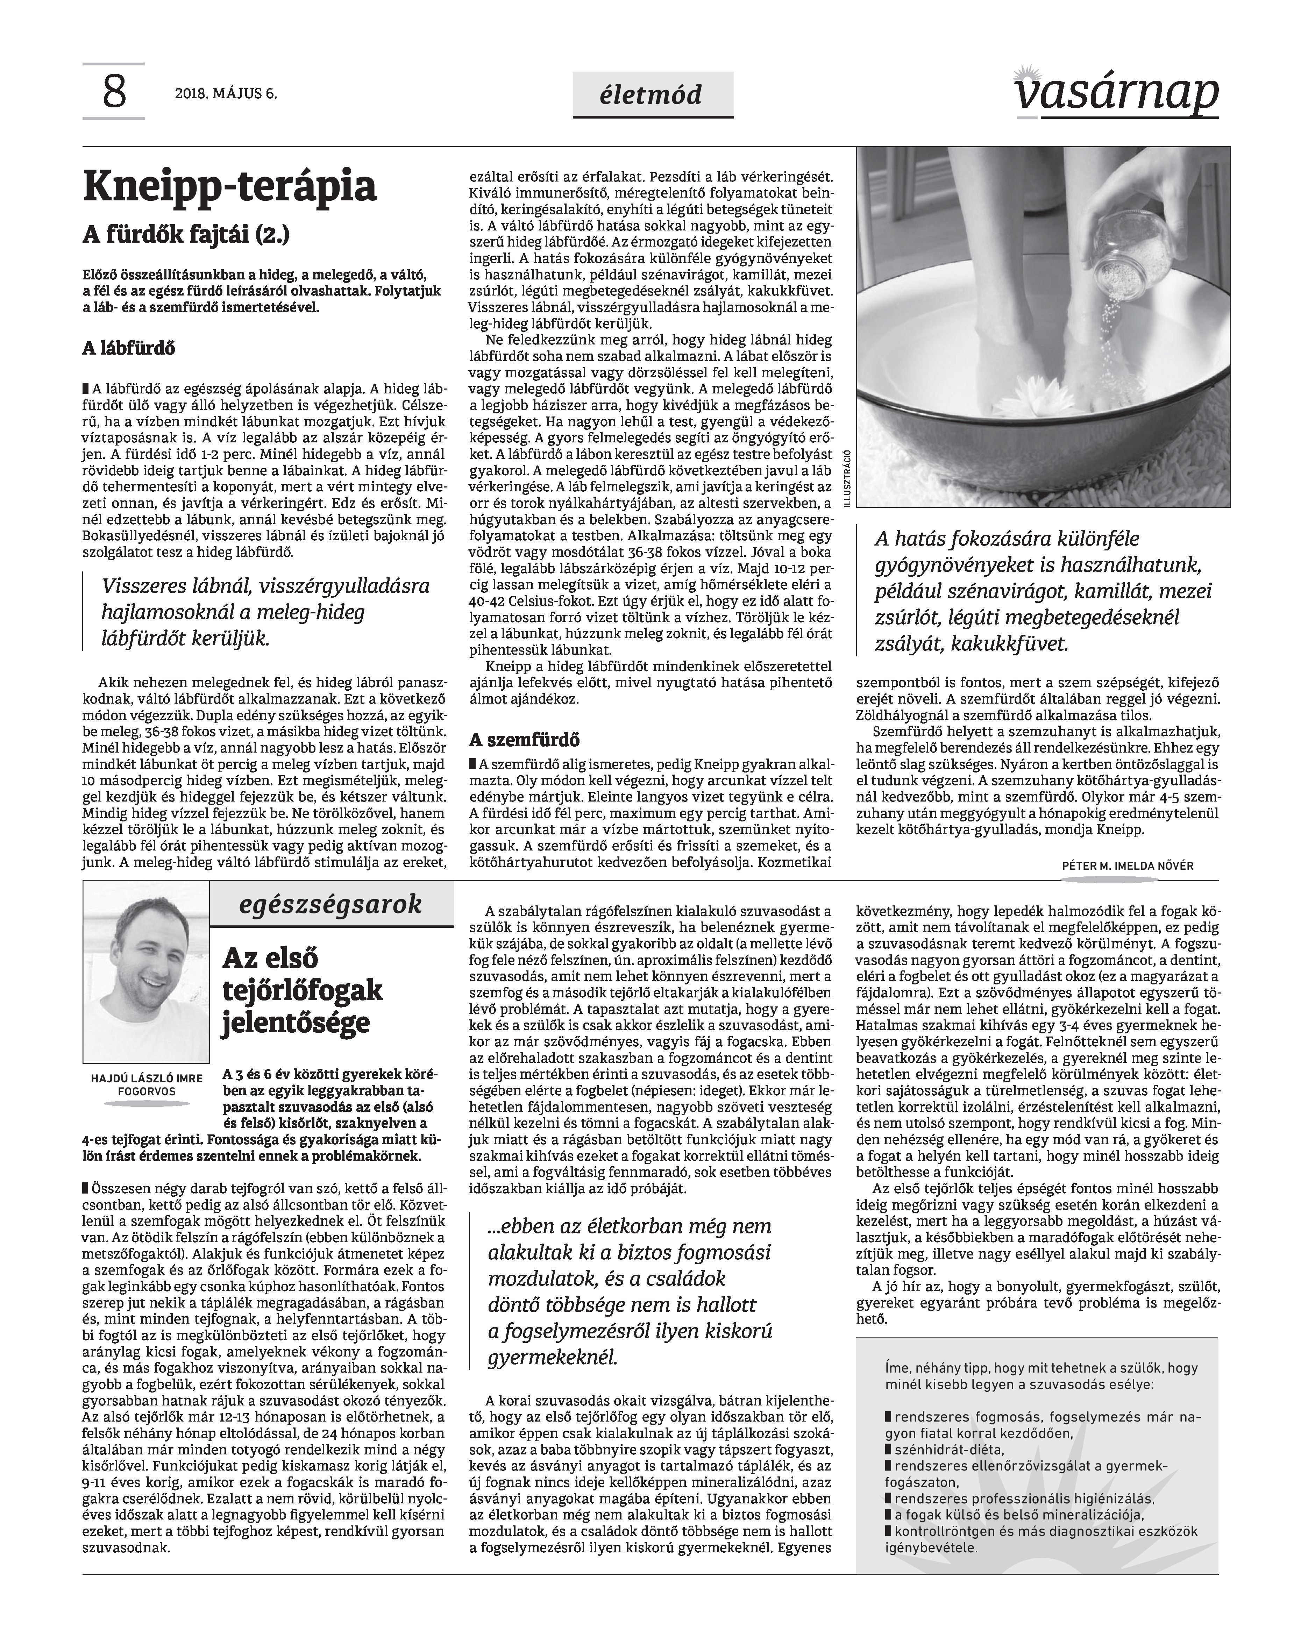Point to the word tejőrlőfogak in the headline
(x=301, y=990)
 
